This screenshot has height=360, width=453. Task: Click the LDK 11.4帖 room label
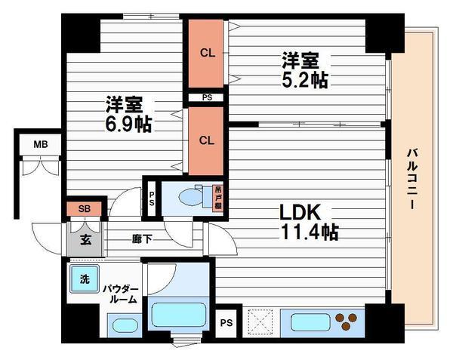point(309,221)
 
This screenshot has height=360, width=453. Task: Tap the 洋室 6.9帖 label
point(128,114)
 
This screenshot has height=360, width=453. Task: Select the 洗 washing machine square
point(85,278)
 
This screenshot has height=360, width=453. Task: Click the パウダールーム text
point(121,294)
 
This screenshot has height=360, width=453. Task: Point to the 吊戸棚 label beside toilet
point(218,198)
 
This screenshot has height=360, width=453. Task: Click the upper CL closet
point(205,53)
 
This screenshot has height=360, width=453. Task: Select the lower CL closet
point(205,140)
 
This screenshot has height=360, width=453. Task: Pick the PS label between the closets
point(205,97)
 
